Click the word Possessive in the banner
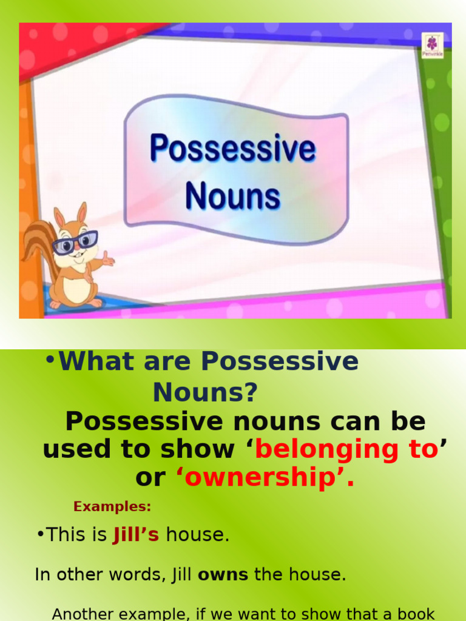pyautogui.click(x=233, y=149)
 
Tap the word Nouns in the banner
pyautogui.click(x=233, y=197)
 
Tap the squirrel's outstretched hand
pyautogui.click(x=107, y=261)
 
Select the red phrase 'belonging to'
pyautogui.click(x=346, y=449)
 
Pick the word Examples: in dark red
pyautogui.click(x=112, y=506)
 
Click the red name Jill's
pyautogui.click(x=136, y=535)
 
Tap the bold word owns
pyautogui.click(x=223, y=575)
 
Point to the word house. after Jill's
pyautogui.click(x=198, y=535)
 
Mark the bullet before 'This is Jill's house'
pyautogui.click(x=40, y=535)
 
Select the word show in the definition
pyautogui.click(x=197, y=449)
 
